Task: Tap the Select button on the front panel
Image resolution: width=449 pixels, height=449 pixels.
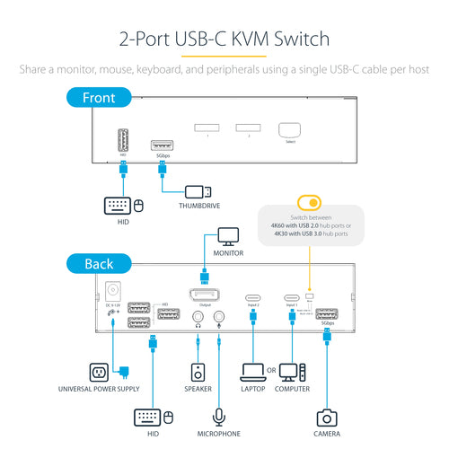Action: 288,130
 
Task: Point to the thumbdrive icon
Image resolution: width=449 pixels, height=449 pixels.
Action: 198,191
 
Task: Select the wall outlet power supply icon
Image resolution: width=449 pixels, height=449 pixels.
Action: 99,371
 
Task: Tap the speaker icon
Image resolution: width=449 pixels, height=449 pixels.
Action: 198,371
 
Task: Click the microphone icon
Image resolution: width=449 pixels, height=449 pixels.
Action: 220,418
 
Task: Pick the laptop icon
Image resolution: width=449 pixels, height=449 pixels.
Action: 254,371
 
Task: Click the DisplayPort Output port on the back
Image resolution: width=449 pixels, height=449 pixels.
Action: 206,295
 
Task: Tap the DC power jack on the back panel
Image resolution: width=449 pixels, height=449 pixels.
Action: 114,292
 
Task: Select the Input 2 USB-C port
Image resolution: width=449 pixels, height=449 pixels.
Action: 253,297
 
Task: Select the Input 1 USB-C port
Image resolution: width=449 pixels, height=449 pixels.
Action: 291,297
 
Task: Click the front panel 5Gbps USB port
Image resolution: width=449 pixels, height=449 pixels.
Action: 162,144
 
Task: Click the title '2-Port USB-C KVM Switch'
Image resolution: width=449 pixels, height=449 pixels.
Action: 224,40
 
